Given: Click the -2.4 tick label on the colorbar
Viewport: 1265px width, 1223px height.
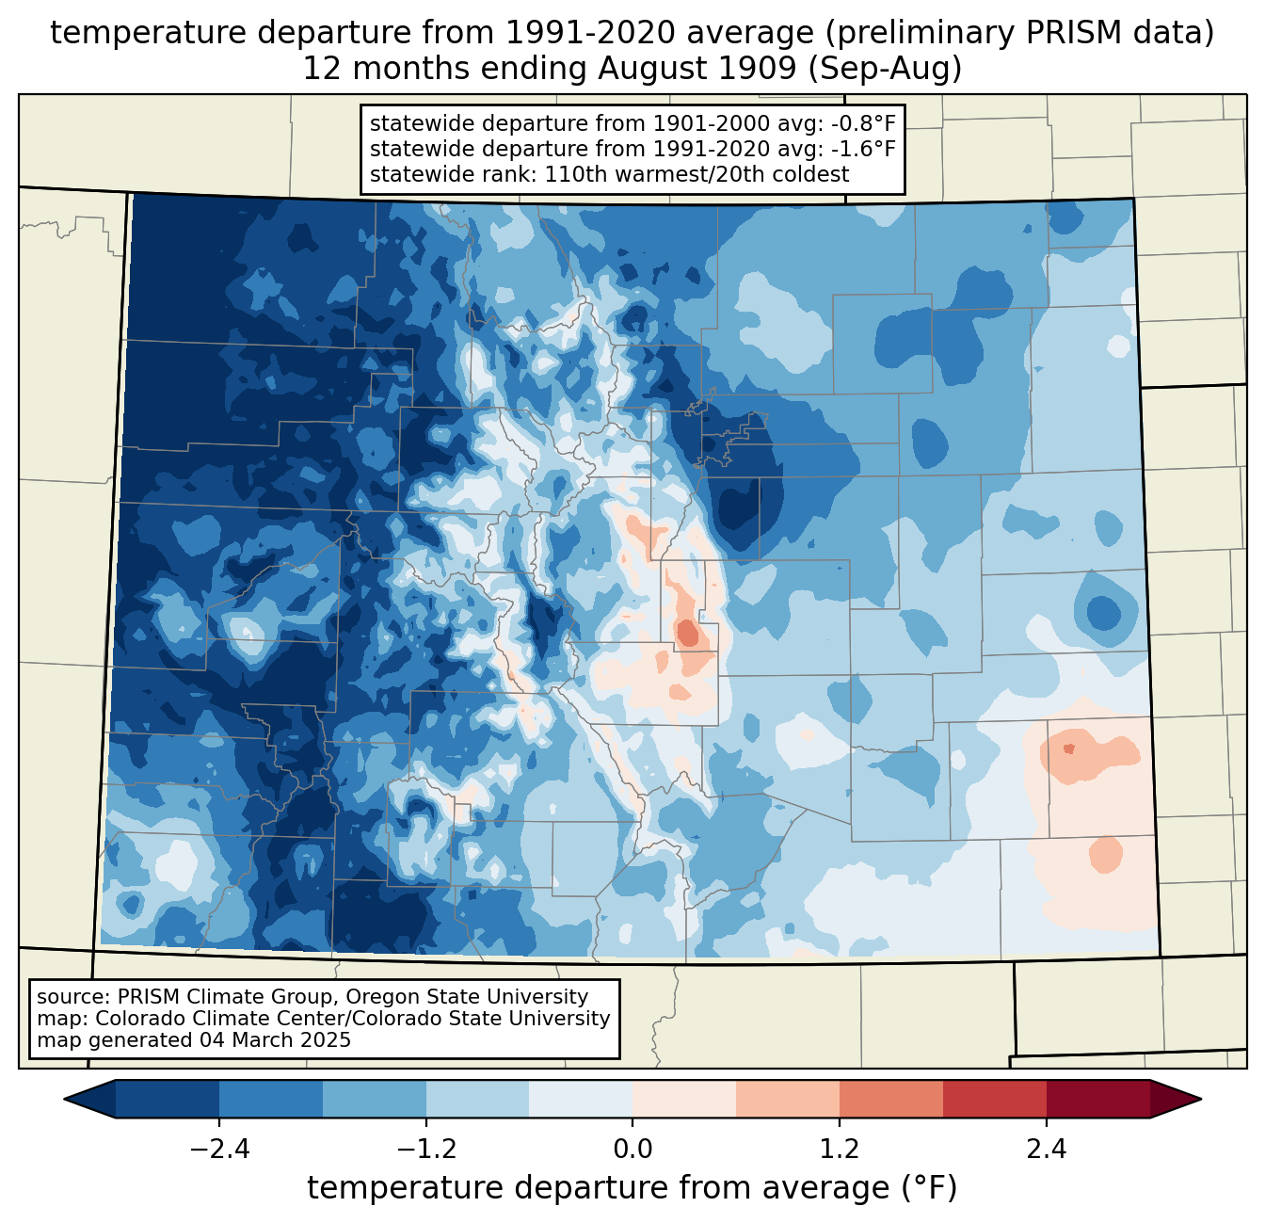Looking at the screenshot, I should point(219,1150).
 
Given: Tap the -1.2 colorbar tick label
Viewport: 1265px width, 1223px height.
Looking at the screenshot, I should point(425,1150).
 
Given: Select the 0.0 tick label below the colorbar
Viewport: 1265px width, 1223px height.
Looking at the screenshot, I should point(632,1150).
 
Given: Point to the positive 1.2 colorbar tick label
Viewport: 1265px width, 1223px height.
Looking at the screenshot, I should point(840,1150).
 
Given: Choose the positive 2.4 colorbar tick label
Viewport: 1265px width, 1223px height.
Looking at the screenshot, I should point(1046,1150).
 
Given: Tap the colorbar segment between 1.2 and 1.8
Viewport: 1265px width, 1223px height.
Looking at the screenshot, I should point(890,1099).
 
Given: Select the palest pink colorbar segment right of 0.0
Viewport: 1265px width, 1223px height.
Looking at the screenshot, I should point(684,1099).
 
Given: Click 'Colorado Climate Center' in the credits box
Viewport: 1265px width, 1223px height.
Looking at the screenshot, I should point(217,1019).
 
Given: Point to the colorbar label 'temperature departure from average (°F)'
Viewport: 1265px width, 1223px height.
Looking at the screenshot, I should point(632,1188).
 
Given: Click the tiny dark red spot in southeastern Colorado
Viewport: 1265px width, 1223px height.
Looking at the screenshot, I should point(1068,749).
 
